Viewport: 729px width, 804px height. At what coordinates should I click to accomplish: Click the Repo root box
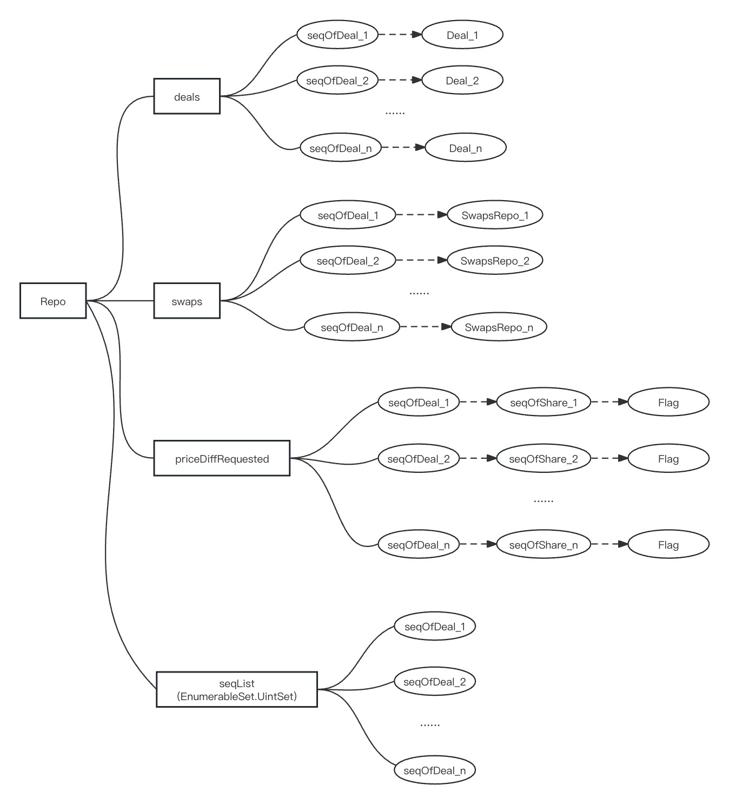coord(53,301)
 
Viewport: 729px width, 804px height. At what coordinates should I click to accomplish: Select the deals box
coord(187,96)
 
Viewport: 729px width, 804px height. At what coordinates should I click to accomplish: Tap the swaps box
coord(187,301)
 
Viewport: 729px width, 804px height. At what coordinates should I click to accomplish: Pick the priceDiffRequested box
coord(222,458)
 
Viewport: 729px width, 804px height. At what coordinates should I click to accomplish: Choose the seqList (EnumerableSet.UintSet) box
coord(237,689)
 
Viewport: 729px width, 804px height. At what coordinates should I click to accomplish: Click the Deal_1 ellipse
coord(462,35)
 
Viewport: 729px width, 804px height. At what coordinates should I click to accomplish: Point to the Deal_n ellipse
coord(465,148)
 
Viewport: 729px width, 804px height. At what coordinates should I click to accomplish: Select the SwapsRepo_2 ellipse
coord(494,261)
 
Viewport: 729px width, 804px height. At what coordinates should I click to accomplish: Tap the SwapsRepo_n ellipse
coord(499,327)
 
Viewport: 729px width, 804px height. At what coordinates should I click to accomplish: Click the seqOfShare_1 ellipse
coord(543,403)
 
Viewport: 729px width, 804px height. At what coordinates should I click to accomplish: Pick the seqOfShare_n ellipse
coord(543,545)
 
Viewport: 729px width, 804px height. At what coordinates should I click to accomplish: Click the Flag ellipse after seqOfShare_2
coord(668,459)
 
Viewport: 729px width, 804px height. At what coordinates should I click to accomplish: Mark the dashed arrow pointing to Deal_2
coord(400,80)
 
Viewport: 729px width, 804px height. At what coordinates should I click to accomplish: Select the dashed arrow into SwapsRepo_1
coord(421,215)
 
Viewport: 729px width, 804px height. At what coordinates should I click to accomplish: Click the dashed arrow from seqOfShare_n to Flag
coord(609,544)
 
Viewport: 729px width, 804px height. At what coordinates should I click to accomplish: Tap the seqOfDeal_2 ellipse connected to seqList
coord(434,682)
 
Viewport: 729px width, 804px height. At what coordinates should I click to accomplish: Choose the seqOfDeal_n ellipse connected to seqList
coord(434,770)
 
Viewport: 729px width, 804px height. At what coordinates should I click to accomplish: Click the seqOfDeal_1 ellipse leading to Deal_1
coord(337,35)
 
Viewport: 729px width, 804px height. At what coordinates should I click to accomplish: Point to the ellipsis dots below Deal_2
coord(395,113)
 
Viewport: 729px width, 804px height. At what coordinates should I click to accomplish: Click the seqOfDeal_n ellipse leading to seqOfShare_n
coord(418,545)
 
